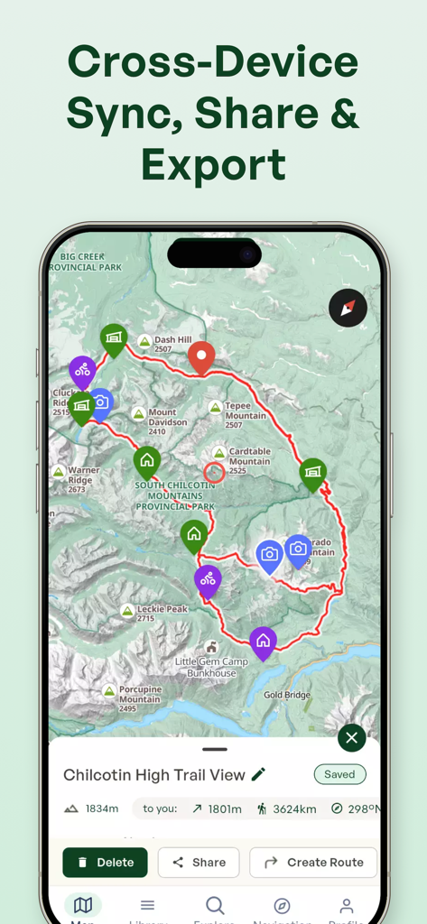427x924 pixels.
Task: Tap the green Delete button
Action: tap(105, 862)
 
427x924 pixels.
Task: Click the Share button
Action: tap(199, 862)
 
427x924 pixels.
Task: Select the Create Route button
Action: tap(313, 862)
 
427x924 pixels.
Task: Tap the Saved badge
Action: tap(339, 774)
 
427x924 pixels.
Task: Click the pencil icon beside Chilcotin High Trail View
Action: tap(259, 774)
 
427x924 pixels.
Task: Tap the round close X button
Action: tap(351, 738)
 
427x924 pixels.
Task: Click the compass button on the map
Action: tap(348, 308)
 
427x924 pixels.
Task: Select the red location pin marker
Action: tap(201, 357)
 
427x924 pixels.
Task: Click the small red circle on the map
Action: tap(214, 472)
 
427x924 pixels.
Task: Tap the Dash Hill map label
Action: tap(172, 343)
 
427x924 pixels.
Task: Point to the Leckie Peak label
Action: tap(162, 613)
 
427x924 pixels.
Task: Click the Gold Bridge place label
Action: tap(287, 695)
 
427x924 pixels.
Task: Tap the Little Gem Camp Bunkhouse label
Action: tap(211, 667)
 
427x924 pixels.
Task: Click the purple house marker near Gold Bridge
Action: tap(263, 642)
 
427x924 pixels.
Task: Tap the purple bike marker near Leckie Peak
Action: tap(208, 580)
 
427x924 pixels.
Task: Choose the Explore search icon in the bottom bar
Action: tap(215, 905)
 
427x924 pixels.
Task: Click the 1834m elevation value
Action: tap(101, 808)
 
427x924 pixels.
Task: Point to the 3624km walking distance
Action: tap(294, 808)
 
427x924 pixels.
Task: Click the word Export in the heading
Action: tap(213, 165)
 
